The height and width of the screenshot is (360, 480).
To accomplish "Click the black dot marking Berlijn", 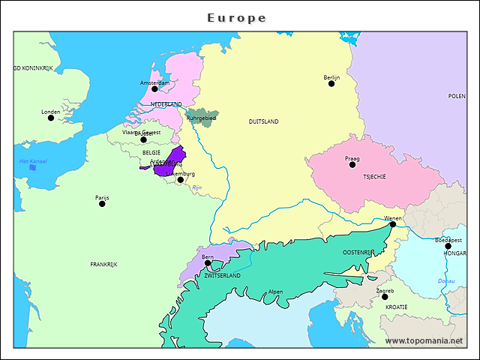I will (x=331, y=83).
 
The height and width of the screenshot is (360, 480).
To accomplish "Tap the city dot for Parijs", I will (x=102, y=204).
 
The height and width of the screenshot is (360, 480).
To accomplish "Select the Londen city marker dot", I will (x=51, y=118).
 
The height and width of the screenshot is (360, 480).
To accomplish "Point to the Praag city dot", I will (x=352, y=164).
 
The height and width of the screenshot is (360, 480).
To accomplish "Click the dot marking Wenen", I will (x=393, y=224).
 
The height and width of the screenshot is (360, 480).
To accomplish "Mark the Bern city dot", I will (x=208, y=263).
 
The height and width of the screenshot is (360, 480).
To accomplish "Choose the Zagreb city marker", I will (x=385, y=297).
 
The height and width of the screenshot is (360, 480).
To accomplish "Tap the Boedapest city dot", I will (x=448, y=246).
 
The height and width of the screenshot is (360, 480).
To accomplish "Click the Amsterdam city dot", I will (x=154, y=88).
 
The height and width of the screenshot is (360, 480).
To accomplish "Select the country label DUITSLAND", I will (x=263, y=121).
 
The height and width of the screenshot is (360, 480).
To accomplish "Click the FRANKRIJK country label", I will (x=103, y=264).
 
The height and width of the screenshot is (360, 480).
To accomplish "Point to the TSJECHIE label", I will (x=374, y=177).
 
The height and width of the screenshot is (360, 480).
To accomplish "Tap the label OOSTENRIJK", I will (x=358, y=253).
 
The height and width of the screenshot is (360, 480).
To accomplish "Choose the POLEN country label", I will (x=456, y=96).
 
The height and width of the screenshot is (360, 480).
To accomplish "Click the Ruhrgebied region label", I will (x=201, y=118).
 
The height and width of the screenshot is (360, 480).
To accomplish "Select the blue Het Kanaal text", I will (x=33, y=161).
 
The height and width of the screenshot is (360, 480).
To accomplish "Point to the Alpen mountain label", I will (x=275, y=292).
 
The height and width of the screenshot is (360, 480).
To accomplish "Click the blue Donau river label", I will (x=446, y=280).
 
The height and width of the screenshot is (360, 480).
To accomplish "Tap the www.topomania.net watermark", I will (x=424, y=341).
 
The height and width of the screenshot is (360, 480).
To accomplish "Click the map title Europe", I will (x=237, y=17).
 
